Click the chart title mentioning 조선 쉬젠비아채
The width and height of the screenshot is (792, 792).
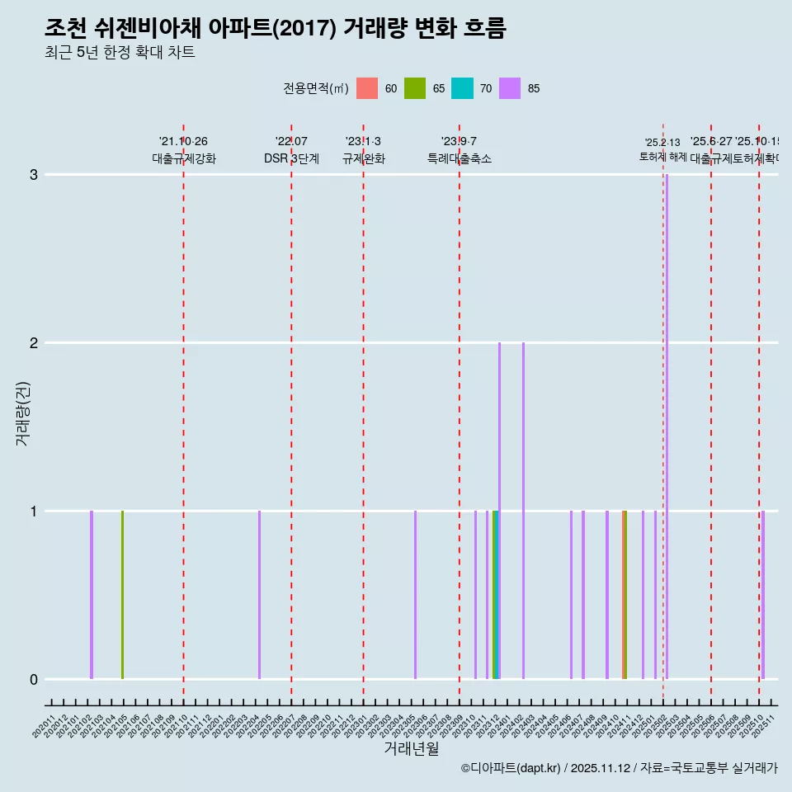tap(275, 28)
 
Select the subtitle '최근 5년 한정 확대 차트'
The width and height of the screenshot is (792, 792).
tap(120, 53)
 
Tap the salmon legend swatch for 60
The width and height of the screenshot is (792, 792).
tap(367, 88)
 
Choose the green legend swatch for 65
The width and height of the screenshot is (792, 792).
tap(415, 88)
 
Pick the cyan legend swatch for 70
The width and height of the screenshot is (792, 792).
tap(462, 88)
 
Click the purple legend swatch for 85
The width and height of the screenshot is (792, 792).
tap(510, 88)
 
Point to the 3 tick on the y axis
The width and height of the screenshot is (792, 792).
tap(34, 175)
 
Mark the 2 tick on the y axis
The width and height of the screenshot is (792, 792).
tap(34, 343)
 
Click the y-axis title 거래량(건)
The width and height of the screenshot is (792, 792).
tap(22, 412)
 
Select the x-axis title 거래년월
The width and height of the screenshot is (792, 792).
tap(411, 748)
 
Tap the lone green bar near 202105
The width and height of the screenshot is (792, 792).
tap(122, 594)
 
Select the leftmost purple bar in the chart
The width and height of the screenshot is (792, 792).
tap(92, 594)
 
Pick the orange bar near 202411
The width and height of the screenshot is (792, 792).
tap(623, 594)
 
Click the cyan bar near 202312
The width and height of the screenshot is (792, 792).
tap(497, 594)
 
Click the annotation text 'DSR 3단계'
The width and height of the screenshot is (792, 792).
tap(291, 158)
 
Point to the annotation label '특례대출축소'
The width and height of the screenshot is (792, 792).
tap(459, 158)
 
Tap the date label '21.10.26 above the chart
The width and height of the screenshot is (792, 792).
tap(183, 141)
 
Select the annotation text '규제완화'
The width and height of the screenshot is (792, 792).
tap(363, 158)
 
